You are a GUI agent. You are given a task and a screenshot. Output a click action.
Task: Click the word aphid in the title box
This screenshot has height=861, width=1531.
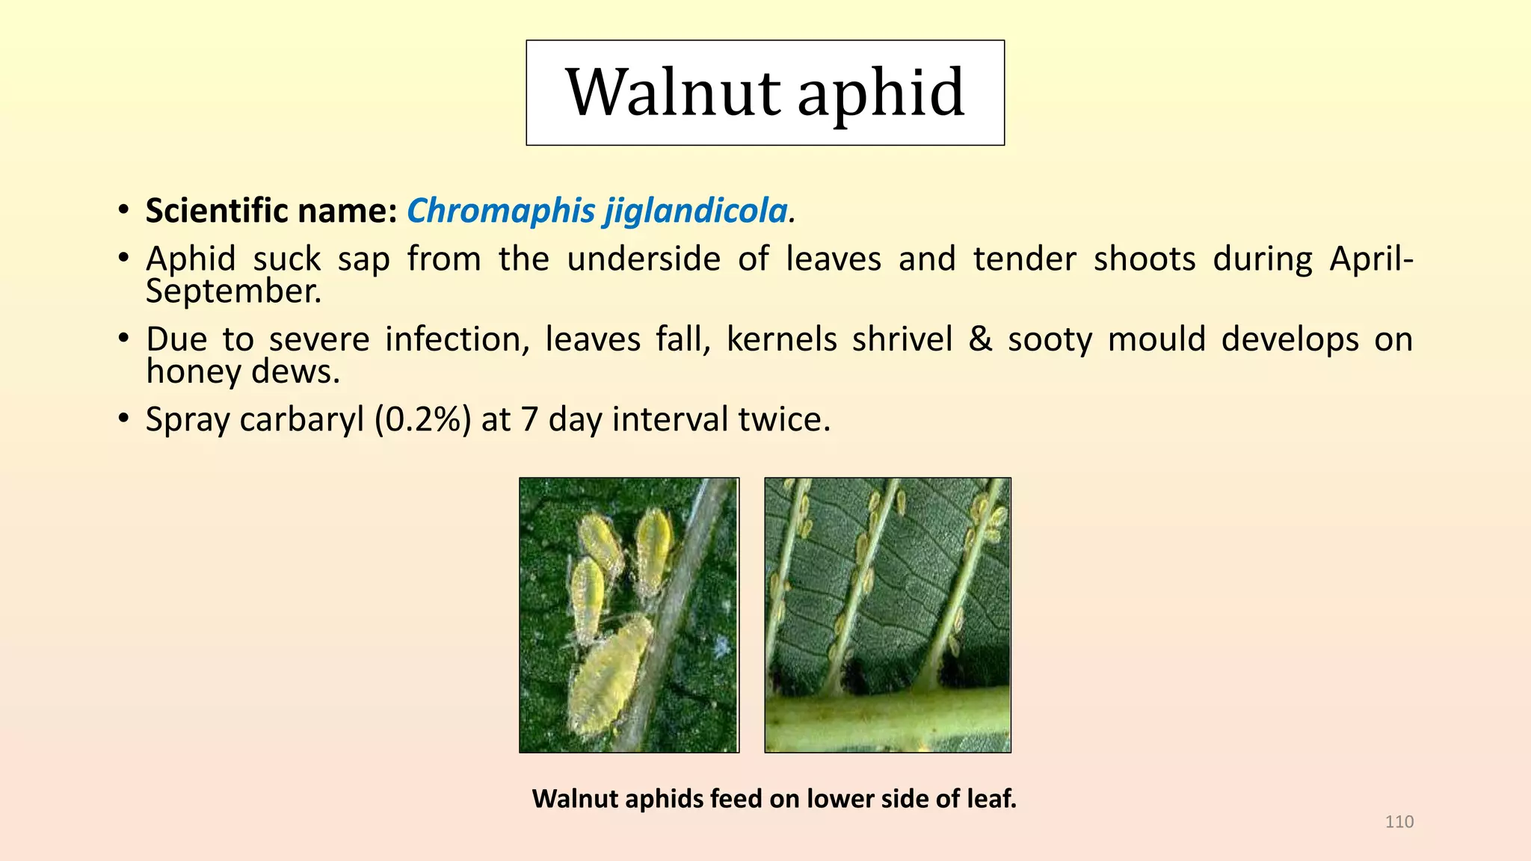[x=881, y=95]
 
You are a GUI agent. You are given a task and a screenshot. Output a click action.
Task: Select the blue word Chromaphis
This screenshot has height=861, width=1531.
[x=501, y=212]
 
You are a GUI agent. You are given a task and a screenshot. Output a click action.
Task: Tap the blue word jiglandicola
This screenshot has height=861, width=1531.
[x=696, y=212]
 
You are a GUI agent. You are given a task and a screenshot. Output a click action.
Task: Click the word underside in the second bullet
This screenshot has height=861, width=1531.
[x=644, y=259]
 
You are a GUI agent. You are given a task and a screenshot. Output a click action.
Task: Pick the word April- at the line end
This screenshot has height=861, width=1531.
[x=1372, y=259]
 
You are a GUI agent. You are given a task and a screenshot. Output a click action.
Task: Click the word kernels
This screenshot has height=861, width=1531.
[x=782, y=339]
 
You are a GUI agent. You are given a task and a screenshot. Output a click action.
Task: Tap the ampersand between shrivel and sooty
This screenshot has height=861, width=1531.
[x=980, y=340]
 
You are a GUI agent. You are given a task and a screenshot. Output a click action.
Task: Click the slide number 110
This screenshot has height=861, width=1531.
[x=1399, y=822]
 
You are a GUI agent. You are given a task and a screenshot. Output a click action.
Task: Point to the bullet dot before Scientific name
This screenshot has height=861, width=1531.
[x=123, y=210]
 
